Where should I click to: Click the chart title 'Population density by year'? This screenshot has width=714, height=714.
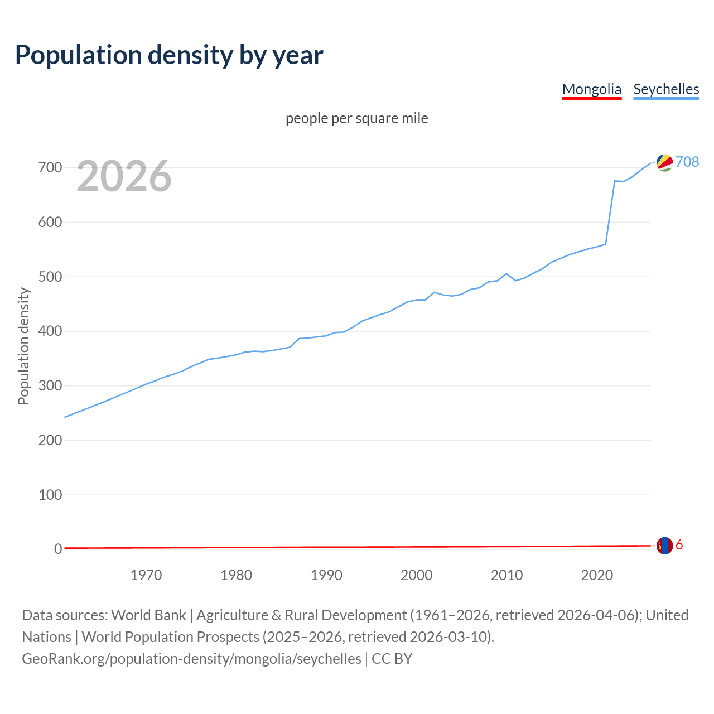[169, 55]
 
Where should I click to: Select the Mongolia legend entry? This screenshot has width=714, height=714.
[591, 89]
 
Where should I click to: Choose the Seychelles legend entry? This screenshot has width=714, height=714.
[666, 89]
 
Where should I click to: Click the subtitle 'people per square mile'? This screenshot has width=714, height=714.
[356, 118]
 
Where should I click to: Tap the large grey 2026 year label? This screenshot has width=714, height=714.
[124, 176]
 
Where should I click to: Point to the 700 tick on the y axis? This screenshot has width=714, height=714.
[50, 167]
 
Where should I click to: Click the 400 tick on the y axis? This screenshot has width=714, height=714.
[50, 331]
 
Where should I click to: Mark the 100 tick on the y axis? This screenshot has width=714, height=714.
[50, 495]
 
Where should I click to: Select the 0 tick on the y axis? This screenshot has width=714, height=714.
[58, 549]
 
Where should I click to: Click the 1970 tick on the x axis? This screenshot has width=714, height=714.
[146, 575]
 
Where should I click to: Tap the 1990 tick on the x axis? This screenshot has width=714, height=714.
[326, 575]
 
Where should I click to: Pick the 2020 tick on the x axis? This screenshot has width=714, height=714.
[597, 575]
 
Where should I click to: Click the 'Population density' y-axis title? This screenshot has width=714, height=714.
[23, 346]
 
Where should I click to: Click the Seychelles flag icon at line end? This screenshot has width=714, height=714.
[664, 162]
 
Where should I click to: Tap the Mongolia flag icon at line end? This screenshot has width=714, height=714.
[664, 546]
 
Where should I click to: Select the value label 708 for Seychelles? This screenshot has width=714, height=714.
[687, 162]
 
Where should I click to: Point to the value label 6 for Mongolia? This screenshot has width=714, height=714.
[679, 545]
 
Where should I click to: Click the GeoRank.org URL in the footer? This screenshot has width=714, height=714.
[191, 659]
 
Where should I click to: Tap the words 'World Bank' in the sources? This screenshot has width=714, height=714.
[148, 615]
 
